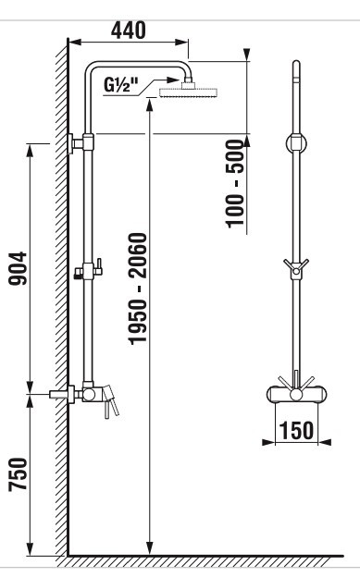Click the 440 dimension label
tap(129, 31)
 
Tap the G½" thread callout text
tap(120, 85)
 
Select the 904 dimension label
tap(18, 268)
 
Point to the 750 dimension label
tap(18, 474)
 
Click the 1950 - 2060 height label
tap(138, 288)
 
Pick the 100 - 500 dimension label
tap(235, 183)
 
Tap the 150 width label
tap(296, 430)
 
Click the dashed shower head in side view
tap(189, 92)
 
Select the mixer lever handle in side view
tap(111, 402)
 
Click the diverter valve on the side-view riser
tap(88, 271)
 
